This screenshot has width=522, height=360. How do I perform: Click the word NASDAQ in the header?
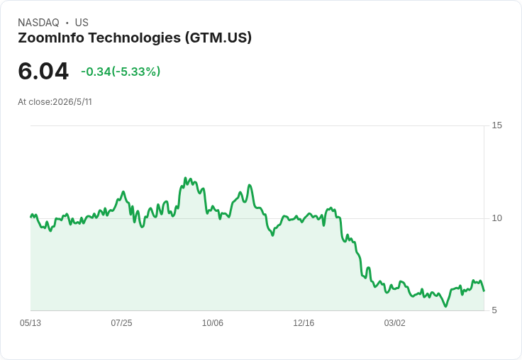(x=38, y=23)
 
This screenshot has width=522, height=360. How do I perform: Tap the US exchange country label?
(x=82, y=23)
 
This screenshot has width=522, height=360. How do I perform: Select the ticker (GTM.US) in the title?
(x=218, y=38)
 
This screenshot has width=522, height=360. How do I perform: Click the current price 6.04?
(x=43, y=71)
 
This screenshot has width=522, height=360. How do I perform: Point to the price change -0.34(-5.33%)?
(x=121, y=72)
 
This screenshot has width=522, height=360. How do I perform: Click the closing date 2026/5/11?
(x=72, y=102)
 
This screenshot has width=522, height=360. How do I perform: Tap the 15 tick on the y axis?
(x=496, y=125)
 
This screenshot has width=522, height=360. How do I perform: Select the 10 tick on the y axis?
(x=496, y=218)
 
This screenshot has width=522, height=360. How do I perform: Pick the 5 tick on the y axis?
(x=494, y=310)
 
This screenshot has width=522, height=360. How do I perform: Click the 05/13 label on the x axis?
(x=30, y=323)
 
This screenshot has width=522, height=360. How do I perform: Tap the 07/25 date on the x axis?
(x=121, y=323)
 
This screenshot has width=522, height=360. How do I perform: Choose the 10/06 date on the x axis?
(x=213, y=323)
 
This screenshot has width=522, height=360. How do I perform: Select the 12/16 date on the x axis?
(x=304, y=323)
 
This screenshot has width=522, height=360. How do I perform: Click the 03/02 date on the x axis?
(x=395, y=323)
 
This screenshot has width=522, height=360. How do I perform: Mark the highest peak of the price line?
(x=185, y=178)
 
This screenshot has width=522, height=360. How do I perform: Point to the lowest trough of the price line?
(x=446, y=306)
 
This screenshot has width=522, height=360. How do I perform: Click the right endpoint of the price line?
(x=484, y=291)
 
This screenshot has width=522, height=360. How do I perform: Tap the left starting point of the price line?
(x=30, y=217)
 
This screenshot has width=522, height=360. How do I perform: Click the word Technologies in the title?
(x=135, y=38)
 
